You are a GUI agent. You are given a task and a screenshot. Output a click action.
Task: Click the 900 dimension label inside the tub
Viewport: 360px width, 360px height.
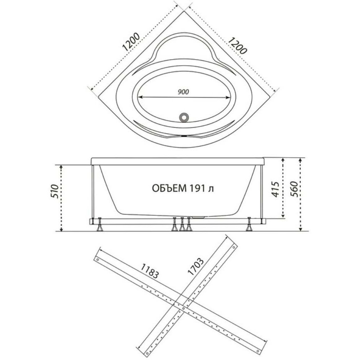click(183, 92)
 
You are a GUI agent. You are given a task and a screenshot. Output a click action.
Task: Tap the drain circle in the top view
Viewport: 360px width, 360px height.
click(184, 117)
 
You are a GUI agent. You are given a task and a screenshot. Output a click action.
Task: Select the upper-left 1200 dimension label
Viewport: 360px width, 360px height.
click(131, 42)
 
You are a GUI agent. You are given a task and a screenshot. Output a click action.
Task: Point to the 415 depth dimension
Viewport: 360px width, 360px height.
click(275, 189)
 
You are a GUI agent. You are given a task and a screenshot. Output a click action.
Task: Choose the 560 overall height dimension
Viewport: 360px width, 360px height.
click(293, 189)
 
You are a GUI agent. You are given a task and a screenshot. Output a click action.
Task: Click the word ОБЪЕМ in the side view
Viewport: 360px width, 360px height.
click(169, 188)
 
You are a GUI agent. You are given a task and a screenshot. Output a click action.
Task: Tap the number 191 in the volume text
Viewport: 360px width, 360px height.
click(197, 188)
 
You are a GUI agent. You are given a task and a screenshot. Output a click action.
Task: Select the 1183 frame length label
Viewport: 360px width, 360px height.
click(150, 271)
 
